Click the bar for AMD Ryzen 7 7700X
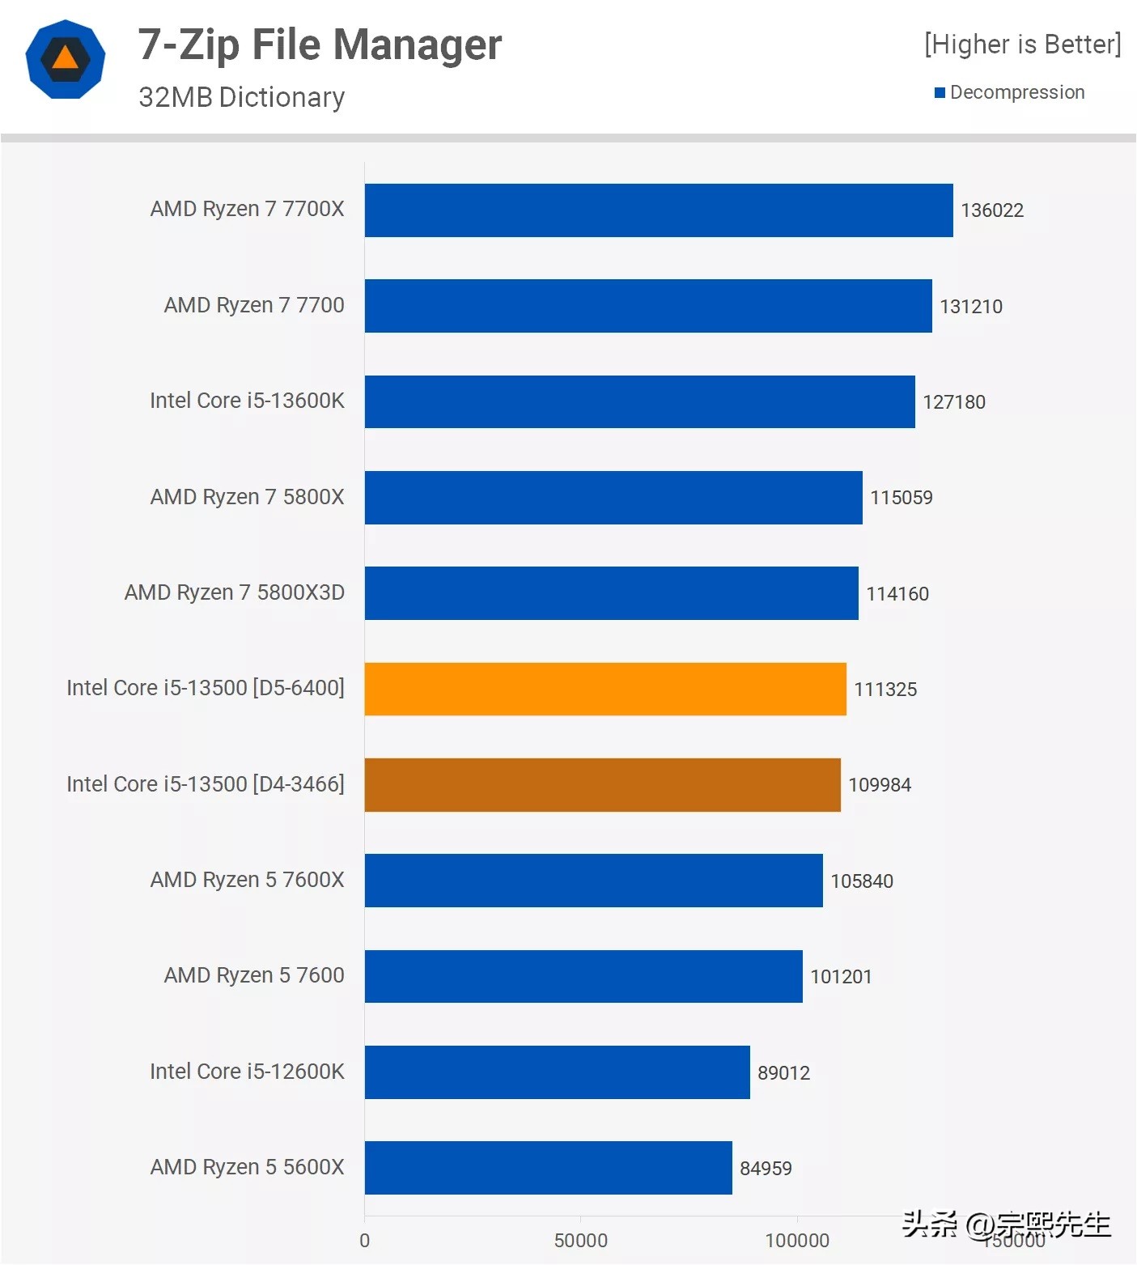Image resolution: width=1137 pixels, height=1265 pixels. (658, 210)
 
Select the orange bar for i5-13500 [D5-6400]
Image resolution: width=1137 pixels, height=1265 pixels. (605, 689)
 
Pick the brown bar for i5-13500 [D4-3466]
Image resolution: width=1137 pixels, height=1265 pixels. (602, 784)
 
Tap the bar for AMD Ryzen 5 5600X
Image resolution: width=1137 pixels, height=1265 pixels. (548, 1167)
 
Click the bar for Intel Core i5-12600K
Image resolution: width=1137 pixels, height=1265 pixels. (557, 1072)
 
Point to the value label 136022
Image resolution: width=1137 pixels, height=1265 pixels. (991, 210)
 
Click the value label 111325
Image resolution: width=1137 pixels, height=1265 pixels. (885, 690)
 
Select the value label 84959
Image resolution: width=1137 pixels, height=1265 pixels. (766, 1168)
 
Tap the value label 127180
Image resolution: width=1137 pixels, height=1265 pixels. (953, 402)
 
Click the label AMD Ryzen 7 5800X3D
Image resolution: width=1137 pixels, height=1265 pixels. (234, 592)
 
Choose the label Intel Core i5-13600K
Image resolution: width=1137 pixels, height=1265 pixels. (247, 401)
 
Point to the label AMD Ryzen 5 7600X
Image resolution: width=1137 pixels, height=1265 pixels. (247, 880)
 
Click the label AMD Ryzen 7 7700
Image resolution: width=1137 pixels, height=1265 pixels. (254, 305)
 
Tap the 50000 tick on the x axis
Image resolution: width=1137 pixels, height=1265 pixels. (580, 1240)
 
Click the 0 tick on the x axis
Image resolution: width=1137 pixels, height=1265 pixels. (364, 1240)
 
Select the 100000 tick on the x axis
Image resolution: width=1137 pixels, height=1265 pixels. (797, 1240)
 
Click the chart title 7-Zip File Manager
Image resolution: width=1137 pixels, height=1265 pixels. (320, 45)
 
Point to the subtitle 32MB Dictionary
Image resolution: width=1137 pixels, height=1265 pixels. (241, 97)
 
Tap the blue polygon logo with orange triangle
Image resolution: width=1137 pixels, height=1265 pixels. (66, 59)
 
